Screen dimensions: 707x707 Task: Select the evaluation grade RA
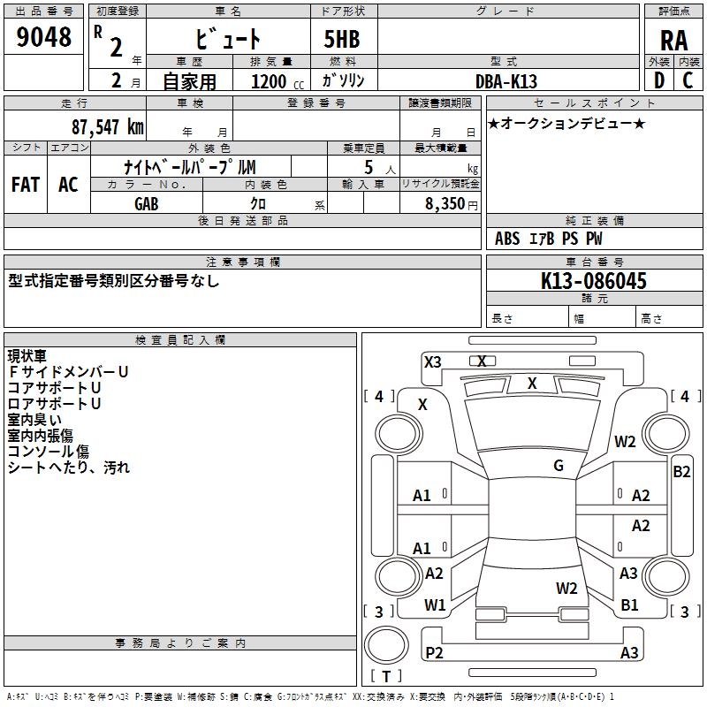673,40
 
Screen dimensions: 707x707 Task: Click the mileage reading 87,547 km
107,126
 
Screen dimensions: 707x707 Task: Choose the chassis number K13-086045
594,282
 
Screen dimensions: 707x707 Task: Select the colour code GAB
148,203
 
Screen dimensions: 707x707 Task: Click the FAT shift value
26,185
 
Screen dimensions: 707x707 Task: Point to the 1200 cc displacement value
269,81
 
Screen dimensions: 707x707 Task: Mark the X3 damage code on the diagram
433,361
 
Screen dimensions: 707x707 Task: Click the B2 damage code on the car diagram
681,471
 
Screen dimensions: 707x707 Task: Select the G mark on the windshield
559,466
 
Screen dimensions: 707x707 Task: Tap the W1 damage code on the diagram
435,604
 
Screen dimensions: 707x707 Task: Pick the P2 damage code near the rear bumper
434,653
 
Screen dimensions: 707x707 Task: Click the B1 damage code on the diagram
629,605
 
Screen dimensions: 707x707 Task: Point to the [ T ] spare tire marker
385,677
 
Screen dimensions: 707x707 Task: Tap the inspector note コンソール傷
48,452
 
